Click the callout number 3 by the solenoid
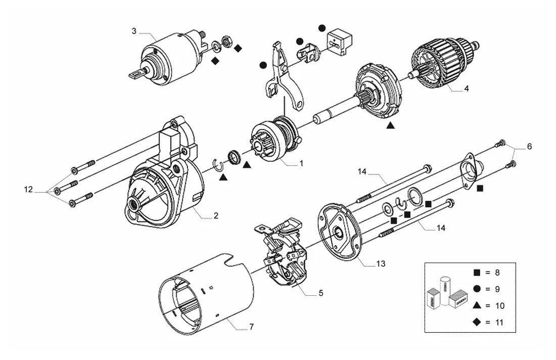point(134,31)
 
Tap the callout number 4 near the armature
point(467,88)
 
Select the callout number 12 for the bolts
point(28,190)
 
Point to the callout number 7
point(251,327)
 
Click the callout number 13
point(381,264)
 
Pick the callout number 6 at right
point(529,146)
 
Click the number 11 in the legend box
point(499,323)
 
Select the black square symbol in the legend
point(477,273)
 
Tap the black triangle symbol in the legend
point(477,305)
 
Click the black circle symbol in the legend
point(477,289)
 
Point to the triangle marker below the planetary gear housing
point(390,125)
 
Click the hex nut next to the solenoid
point(226,41)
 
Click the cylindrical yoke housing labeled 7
point(206,294)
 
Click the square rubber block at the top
point(339,41)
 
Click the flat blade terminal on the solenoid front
point(136,74)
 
